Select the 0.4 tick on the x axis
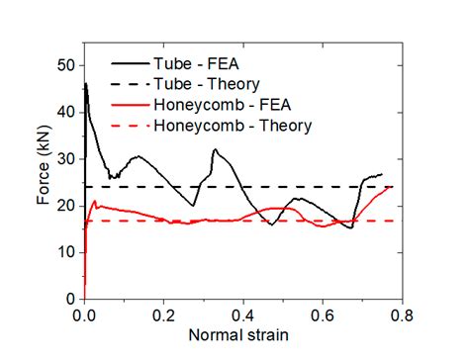tap(243, 315)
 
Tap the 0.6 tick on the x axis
tap(323, 315)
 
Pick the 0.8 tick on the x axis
tap(402, 315)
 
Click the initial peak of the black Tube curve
tap(86, 84)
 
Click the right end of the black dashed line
tap(394, 187)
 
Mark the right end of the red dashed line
tap(394, 221)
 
